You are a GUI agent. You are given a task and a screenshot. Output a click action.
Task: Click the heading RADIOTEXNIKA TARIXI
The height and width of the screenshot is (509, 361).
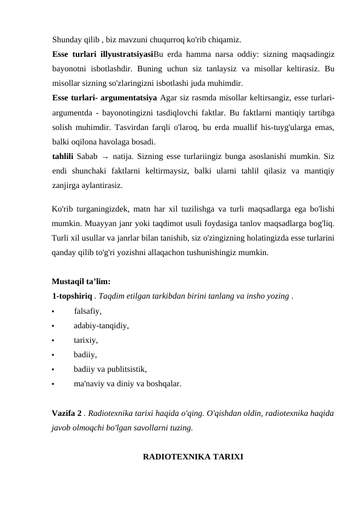tap(193, 456)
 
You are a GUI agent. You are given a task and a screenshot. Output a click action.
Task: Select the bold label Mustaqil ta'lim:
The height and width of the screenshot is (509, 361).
tap(81, 282)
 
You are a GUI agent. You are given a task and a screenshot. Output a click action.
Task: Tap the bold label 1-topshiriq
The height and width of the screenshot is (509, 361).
tap(72, 297)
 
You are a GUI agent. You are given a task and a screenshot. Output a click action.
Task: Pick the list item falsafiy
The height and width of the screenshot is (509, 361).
tap(88, 312)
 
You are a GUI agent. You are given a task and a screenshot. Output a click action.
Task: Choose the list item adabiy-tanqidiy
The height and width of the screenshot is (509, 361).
tap(101, 326)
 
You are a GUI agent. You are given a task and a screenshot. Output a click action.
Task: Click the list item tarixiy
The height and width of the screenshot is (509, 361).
tap(86, 340)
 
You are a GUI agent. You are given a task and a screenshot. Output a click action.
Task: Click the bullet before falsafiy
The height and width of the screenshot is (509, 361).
tap(54, 313)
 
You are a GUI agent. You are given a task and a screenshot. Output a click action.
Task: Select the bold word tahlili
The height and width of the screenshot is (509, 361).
tap(64, 156)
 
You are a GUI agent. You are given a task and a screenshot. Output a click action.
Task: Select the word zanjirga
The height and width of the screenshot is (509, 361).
tap(67, 185)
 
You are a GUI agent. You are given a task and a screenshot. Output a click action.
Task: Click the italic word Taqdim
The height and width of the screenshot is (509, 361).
tap(112, 297)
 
